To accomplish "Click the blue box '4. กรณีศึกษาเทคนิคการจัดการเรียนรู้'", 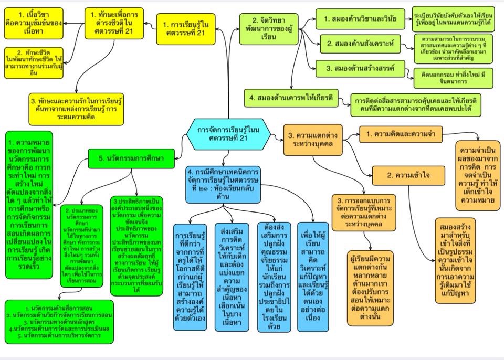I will coord(223,184).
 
